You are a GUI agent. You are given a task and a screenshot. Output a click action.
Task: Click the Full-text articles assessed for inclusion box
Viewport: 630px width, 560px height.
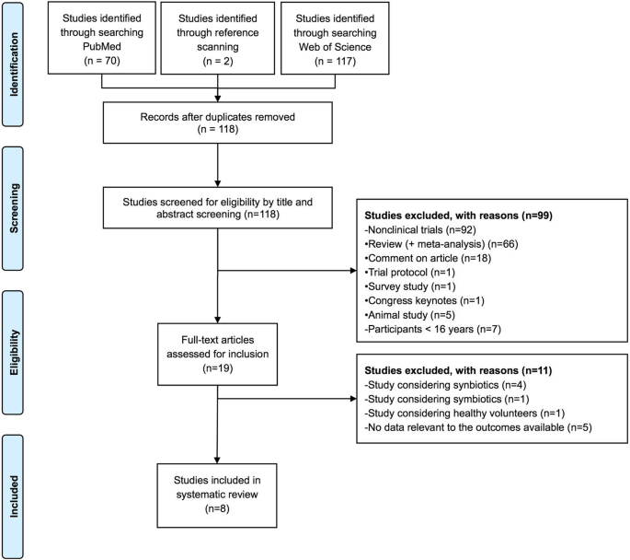click(x=217, y=351)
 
